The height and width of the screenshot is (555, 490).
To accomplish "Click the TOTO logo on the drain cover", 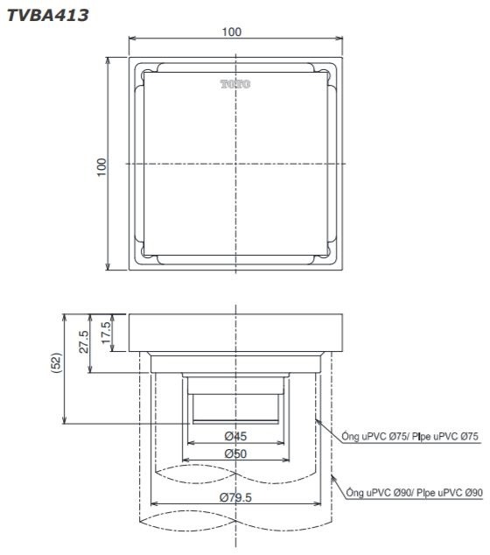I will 234,84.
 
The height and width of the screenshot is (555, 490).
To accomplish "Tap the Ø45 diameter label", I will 233,436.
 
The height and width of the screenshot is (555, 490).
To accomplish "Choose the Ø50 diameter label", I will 233,454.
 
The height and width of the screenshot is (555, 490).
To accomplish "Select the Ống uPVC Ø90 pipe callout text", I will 415,493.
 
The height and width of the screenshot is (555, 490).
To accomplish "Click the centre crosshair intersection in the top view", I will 234,164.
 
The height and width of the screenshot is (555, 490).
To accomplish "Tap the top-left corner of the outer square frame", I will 129,58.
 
